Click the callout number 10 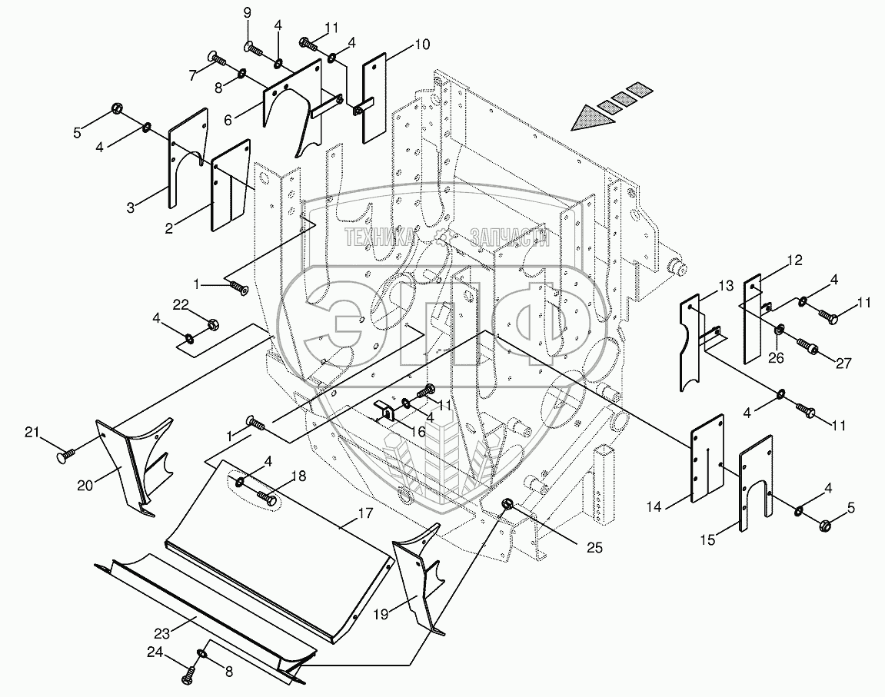pos(422,45)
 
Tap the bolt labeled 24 pos(188,678)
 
